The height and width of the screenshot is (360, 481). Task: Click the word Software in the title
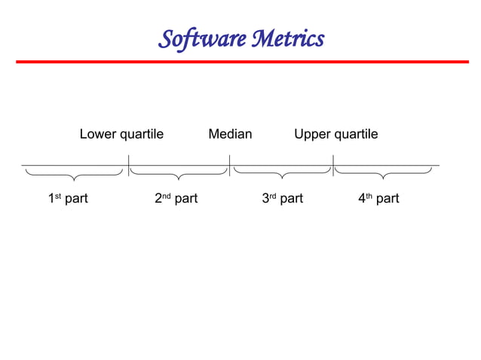pos(199,38)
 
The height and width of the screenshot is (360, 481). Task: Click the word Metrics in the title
pos(286,38)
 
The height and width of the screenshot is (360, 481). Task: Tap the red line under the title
pos(241,62)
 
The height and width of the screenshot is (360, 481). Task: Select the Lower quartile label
pos(121,134)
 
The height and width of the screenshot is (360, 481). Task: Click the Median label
pos(230,134)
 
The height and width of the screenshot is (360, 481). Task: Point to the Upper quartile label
pos(335,134)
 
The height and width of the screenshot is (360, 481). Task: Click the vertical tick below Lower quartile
pos(128,165)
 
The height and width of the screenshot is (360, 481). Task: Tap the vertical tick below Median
pos(229,165)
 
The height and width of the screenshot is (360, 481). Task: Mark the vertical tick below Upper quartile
pos(332,165)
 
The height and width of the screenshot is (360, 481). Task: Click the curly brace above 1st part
pos(73,175)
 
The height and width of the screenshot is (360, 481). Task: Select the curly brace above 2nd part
pos(178,175)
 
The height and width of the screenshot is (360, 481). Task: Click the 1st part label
pos(68,199)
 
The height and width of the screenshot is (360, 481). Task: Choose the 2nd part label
pos(176,199)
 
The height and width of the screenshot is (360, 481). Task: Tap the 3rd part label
pos(282,199)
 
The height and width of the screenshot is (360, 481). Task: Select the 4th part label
pos(378,199)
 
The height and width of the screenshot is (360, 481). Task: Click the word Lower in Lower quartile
pos(98,134)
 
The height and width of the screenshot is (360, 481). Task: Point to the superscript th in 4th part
pos(369,196)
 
